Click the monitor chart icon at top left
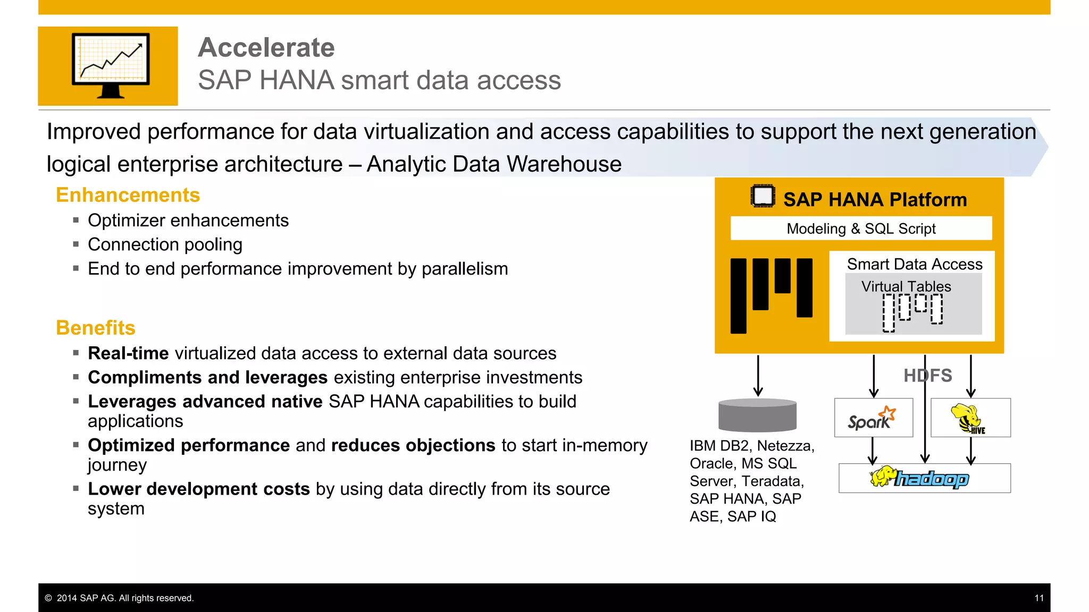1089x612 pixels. [x=111, y=65]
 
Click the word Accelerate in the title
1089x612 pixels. [x=266, y=48]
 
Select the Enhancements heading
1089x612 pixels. [x=128, y=195]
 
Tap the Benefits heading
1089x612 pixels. [x=96, y=328]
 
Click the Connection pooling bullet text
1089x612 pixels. [x=165, y=244]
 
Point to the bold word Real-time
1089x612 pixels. [x=128, y=353]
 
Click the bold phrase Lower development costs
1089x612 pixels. [x=198, y=489]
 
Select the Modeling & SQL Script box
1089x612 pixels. [x=861, y=228]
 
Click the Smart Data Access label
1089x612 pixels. [x=914, y=264]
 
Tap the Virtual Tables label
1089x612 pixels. [x=906, y=286]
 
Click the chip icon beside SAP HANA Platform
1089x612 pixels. [x=763, y=196]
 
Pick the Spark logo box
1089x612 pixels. [x=873, y=418]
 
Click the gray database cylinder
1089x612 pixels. [x=757, y=415]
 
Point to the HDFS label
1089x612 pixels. [x=927, y=376]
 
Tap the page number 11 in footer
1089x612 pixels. [x=1039, y=598]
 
